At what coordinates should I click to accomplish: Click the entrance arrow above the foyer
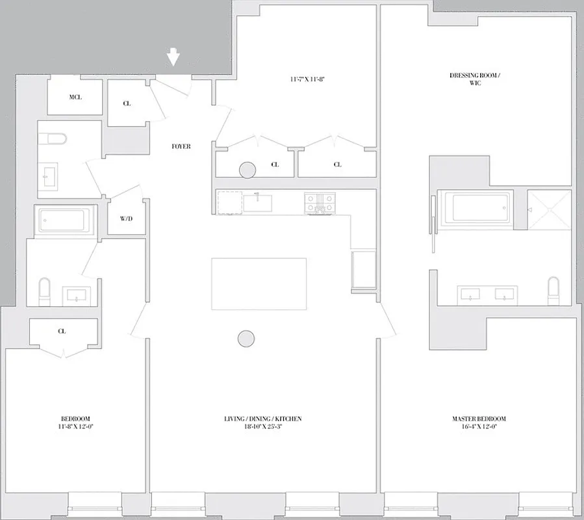point(173,57)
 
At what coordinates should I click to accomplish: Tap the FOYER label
point(181,147)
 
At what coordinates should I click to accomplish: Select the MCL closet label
point(75,97)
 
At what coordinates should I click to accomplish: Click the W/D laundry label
point(126,218)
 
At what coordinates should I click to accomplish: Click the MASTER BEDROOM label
point(479,422)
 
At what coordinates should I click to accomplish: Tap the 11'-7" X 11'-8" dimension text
point(307,79)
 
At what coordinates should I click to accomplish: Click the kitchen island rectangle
point(259,283)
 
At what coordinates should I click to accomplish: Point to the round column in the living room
point(246,338)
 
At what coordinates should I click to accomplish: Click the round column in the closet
point(247,170)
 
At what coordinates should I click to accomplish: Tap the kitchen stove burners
point(318,202)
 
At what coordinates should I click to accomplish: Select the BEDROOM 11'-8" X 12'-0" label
point(75,422)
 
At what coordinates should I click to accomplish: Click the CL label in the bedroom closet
point(62,331)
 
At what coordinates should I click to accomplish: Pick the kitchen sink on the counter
point(258,201)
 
